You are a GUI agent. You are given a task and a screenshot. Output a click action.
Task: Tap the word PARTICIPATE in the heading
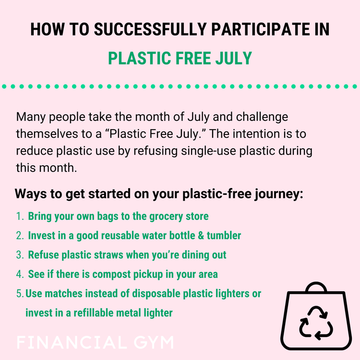click(x=257, y=29)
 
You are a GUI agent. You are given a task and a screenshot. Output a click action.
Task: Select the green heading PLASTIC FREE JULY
click(x=180, y=58)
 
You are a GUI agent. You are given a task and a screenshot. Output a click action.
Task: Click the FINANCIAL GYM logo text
click(x=95, y=343)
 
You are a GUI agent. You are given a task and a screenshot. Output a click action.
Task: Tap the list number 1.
click(x=19, y=216)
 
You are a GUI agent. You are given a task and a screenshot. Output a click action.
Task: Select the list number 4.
click(x=19, y=275)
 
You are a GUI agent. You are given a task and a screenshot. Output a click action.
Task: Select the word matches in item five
click(x=64, y=293)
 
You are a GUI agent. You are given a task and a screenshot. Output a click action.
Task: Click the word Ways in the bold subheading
click(x=30, y=195)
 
